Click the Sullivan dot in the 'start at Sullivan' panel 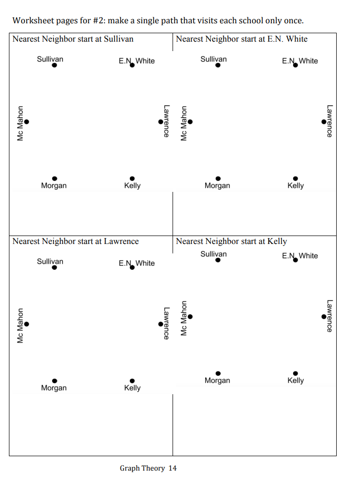coord(55,65)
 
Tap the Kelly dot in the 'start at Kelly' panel coord(296,373)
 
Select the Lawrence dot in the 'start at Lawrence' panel coord(161,324)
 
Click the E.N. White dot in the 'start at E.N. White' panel coord(296,65)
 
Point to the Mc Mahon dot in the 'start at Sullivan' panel coord(27,121)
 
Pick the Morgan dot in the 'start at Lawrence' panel coord(55,380)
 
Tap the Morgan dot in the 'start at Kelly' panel coord(218,373)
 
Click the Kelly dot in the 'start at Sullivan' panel coord(132,178)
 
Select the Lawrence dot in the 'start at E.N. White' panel coord(324,121)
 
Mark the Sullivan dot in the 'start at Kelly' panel coord(218,260)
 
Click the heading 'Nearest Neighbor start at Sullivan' coord(73,39)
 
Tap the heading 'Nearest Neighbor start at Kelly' coord(231,241)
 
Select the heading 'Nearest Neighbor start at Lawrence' coord(75,241)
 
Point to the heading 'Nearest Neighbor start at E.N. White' coord(241,39)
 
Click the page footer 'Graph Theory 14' coord(148,468)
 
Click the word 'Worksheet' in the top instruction coord(33,21)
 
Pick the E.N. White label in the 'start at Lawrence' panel coord(137,263)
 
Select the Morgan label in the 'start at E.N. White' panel coord(217,185)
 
